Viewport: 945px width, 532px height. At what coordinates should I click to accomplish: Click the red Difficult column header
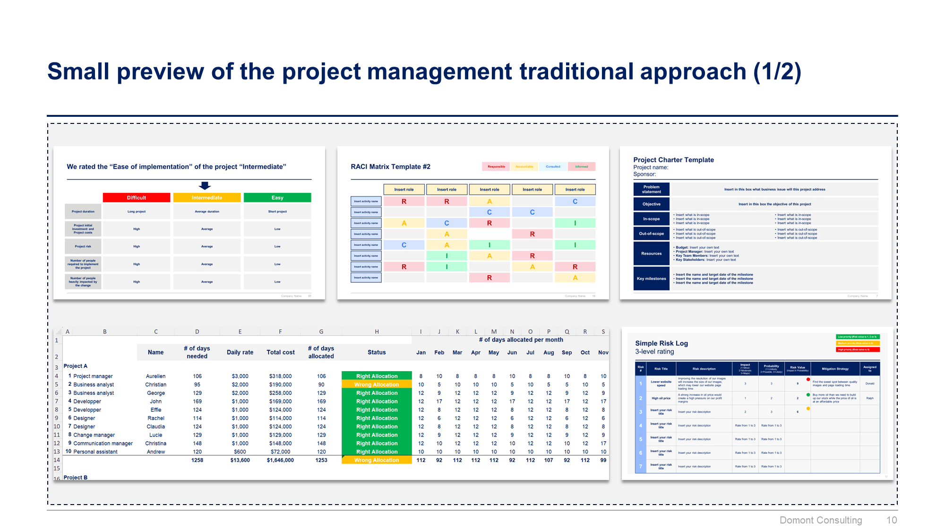[x=136, y=198]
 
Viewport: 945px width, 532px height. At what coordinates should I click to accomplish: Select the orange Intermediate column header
[x=206, y=198]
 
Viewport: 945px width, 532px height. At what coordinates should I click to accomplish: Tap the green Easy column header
[x=277, y=198]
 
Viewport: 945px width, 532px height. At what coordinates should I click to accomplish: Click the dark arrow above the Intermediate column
[x=205, y=185]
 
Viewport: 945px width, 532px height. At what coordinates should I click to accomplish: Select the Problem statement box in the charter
[x=651, y=189]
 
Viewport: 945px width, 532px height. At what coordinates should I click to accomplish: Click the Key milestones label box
[x=651, y=279]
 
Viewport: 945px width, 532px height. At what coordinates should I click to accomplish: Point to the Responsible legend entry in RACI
[x=496, y=166]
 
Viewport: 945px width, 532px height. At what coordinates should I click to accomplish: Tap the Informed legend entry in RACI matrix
[x=581, y=166]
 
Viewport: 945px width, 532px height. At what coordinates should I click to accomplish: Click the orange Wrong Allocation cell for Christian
[x=377, y=384]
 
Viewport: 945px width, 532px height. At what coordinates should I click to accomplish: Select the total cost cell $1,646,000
[x=280, y=460]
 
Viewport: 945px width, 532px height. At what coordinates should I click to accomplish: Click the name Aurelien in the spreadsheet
[x=155, y=376]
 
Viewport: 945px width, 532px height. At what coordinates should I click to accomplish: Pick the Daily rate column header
[x=240, y=352]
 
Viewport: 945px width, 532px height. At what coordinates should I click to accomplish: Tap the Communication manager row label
[x=103, y=444]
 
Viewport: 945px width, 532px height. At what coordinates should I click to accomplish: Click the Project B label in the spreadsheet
[x=76, y=478]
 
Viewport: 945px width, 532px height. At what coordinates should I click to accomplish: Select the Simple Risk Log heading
[x=661, y=343]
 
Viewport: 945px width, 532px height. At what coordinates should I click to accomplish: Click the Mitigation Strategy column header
[x=835, y=369]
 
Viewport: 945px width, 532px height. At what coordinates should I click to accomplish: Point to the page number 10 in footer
[x=891, y=520]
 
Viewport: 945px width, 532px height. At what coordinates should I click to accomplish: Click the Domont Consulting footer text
[x=820, y=520]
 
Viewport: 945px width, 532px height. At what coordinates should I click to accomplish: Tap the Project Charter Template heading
[x=673, y=160]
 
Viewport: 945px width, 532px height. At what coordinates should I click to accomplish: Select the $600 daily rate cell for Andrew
[x=240, y=452]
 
